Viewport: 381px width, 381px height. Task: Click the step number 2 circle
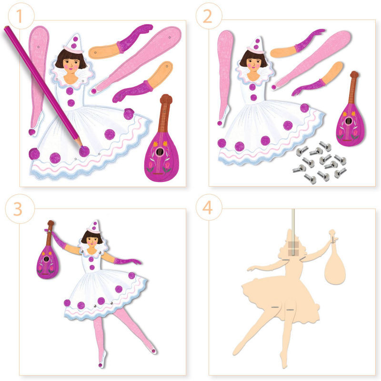209,16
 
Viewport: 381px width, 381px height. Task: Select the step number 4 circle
209,207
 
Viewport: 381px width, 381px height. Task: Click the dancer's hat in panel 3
94,227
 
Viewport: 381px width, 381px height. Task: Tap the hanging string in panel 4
293,232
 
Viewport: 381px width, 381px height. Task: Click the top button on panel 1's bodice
70,91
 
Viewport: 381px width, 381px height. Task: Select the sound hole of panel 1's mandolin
159,152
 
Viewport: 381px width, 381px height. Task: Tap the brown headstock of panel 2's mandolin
354,75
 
